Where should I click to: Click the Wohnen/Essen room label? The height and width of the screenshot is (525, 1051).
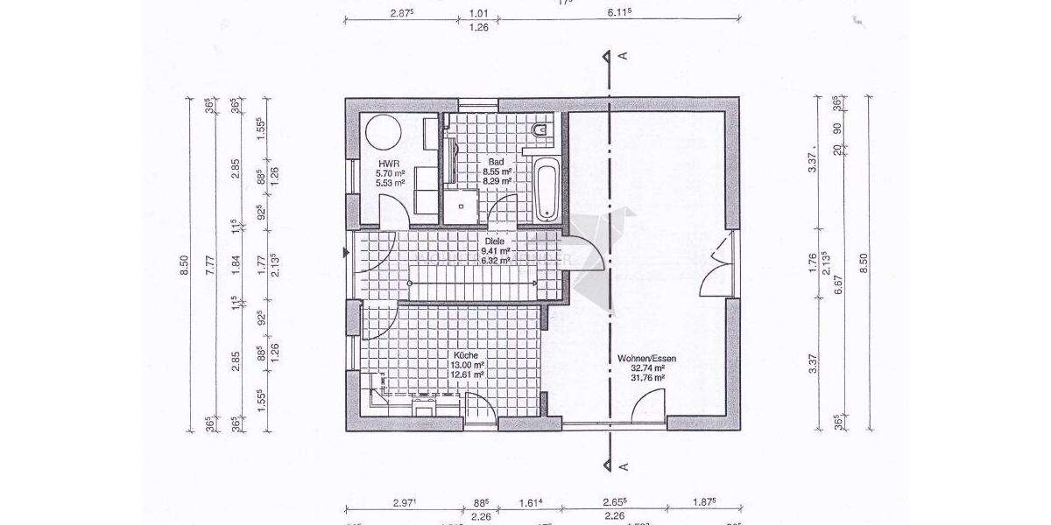click(641, 359)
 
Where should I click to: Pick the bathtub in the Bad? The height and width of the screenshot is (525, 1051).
click(547, 188)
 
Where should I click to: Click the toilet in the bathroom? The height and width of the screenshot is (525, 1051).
click(541, 132)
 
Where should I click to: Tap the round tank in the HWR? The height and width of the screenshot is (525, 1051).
click(382, 134)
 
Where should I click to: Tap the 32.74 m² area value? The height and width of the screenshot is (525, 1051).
click(640, 368)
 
